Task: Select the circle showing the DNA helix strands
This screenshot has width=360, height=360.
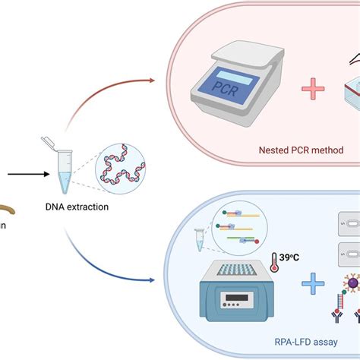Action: click(x=122, y=175)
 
